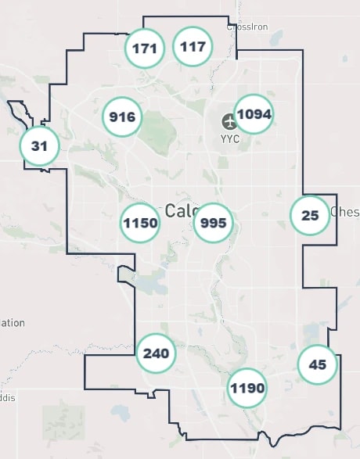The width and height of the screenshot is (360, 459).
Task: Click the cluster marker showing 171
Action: click(x=145, y=48)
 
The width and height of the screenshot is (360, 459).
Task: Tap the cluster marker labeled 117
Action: click(x=193, y=46)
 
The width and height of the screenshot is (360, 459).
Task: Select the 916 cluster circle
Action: click(x=123, y=117)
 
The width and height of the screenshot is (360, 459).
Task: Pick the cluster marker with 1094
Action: click(x=254, y=114)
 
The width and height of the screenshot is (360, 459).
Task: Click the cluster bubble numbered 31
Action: click(x=39, y=145)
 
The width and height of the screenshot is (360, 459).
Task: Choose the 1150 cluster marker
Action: click(x=141, y=223)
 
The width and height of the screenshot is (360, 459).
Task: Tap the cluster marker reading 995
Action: click(x=213, y=223)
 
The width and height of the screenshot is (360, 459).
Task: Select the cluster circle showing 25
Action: click(x=310, y=214)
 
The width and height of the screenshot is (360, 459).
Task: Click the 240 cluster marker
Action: click(x=156, y=353)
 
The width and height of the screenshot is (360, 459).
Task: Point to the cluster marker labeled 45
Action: click(x=317, y=364)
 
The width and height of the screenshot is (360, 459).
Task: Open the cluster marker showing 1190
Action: click(x=247, y=388)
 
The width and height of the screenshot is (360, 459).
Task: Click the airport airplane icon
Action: click(x=229, y=121)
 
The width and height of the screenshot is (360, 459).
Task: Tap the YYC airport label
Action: click(x=229, y=140)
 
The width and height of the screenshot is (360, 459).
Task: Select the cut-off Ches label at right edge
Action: click(x=344, y=212)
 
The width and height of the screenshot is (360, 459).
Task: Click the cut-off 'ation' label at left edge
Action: click(x=13, y=322)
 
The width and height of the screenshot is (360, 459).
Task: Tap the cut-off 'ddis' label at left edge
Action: click(x=8, y=397)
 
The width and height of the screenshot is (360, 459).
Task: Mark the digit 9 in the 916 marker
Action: click(x=114, y=117)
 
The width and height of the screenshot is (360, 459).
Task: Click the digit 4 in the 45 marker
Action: click(x=313, y=364)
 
